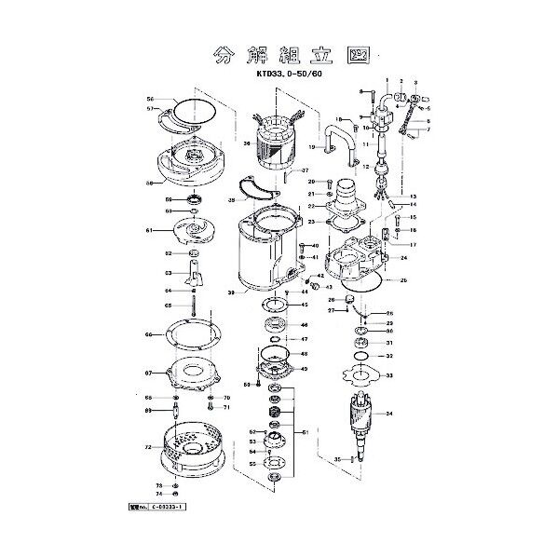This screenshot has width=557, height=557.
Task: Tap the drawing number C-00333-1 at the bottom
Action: pos(159,509)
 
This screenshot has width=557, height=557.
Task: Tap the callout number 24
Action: pos(403,256)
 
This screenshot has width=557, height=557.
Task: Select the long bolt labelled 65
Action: pos(191,303)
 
